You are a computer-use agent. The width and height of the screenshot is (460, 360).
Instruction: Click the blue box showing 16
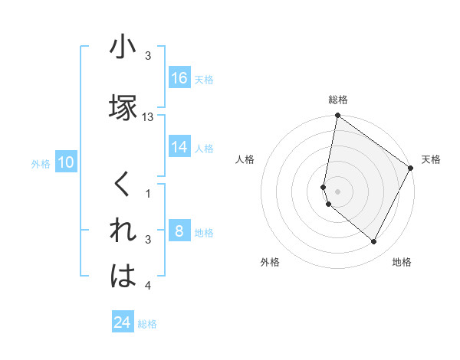[x=179, y=79]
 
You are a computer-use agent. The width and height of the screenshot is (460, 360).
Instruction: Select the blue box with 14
[x=179, y=147]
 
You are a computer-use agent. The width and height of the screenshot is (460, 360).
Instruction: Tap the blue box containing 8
[x=179, y=231]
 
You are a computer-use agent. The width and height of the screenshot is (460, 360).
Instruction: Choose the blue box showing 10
[x=66, y=162]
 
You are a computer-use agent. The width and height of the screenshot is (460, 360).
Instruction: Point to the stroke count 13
[x=148, y=117]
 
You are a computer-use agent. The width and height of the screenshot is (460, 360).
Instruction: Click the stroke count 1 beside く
[x=148, y=194]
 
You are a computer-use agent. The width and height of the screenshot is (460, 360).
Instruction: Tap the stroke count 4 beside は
[x=148, y=286]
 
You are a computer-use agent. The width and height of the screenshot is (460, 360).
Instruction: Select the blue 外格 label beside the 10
[x=40, y=163]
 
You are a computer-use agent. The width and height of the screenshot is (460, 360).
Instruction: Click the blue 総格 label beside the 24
[x=147, y=323]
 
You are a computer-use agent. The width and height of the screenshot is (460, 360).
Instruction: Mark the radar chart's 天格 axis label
[x=431, y=159]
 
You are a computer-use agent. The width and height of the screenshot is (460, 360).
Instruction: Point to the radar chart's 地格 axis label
[x=402, y=262]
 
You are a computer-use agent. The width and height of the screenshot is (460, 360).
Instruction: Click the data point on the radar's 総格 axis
[x=337, y=116]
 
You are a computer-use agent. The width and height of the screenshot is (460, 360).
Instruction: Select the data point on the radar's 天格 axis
[x=410, y=169]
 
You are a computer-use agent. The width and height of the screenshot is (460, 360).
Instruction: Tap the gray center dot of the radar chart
[x=337, y=191]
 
